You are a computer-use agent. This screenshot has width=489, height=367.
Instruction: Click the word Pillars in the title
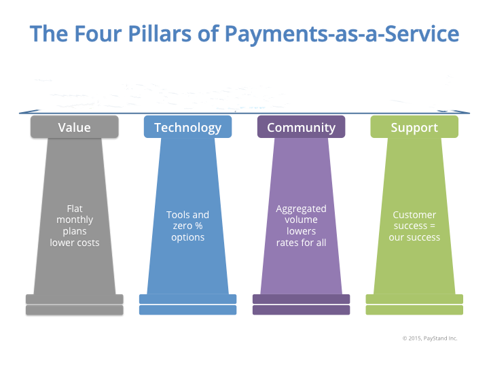160,33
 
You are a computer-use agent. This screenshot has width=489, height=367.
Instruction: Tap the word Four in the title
98,33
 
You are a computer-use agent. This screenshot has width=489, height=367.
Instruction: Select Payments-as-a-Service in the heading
342,34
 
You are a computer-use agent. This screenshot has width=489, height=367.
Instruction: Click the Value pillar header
75,127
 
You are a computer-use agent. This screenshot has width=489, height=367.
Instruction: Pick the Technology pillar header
187,127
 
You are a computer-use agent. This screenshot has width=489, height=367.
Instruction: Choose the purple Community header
302,127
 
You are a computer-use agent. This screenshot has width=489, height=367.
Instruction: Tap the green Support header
414,127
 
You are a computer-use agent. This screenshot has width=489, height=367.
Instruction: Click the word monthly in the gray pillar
75,220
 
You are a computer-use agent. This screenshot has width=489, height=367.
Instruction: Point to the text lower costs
75,243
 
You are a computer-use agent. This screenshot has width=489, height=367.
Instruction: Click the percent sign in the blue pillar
199,226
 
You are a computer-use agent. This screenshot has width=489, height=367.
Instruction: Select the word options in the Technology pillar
187,237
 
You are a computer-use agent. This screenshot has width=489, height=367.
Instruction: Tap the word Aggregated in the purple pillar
302,209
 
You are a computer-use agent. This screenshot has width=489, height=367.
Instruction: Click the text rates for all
302,243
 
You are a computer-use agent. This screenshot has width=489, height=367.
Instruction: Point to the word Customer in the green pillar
414,215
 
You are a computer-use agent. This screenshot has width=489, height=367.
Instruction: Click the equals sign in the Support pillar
433,226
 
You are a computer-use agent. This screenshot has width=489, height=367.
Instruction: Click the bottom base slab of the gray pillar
75,310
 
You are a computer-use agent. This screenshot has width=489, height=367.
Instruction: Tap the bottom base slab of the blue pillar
187,310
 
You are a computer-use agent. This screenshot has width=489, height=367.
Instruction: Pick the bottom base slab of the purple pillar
302,310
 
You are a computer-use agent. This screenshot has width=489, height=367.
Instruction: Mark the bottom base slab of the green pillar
414,310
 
